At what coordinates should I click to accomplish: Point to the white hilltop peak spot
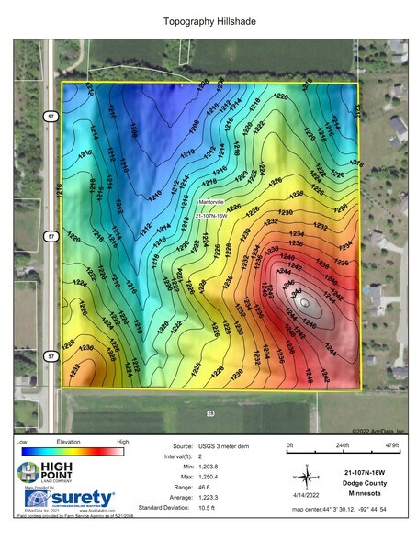(306, 298)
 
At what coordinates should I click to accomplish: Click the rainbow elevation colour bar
(71, 452)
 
